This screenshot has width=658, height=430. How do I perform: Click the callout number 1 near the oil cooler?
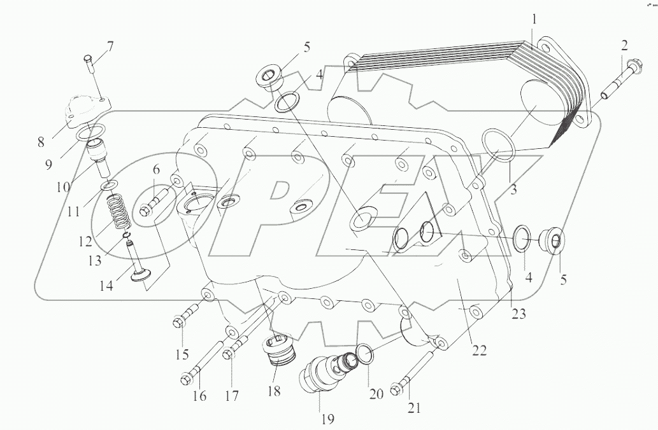tap(534, 20)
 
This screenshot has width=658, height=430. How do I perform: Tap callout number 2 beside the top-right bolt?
tap(624, 45)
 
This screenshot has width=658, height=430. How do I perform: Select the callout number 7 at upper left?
tap(110, 46)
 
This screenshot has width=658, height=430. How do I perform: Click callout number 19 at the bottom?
tap(328, 419)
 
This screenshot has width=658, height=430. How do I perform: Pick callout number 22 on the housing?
tap(479, 350)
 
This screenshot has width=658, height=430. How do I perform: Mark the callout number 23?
tap(519, 314)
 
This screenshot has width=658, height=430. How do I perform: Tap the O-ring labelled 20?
tap(364, 353)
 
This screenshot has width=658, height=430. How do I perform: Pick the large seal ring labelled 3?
tap(497, 144)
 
